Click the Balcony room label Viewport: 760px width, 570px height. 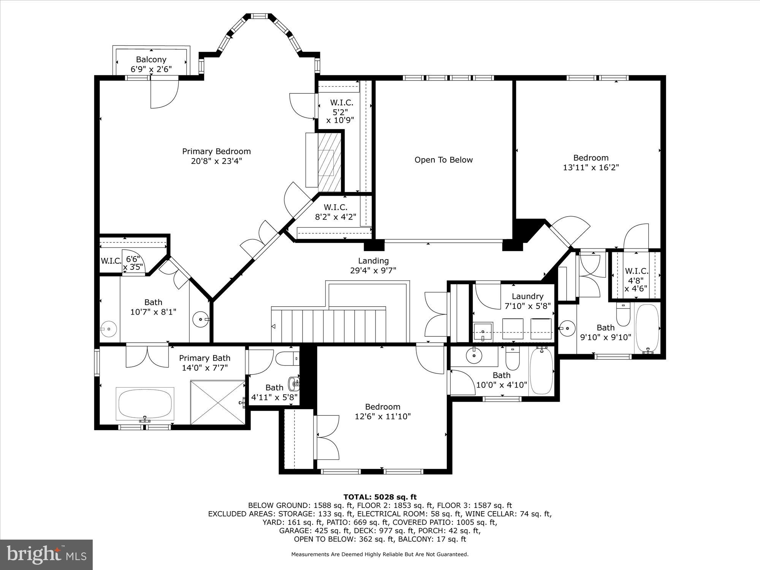151,60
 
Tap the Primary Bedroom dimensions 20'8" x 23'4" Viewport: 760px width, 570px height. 216,161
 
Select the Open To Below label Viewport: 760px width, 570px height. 443,160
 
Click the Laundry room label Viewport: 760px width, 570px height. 527,296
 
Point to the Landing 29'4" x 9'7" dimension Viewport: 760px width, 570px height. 373,271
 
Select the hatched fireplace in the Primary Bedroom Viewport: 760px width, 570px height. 329,161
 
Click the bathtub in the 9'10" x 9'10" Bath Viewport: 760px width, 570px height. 648,328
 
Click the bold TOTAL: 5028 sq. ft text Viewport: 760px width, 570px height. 380,497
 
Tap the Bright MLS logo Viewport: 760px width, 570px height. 46,554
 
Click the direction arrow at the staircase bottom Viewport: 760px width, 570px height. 273,326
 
